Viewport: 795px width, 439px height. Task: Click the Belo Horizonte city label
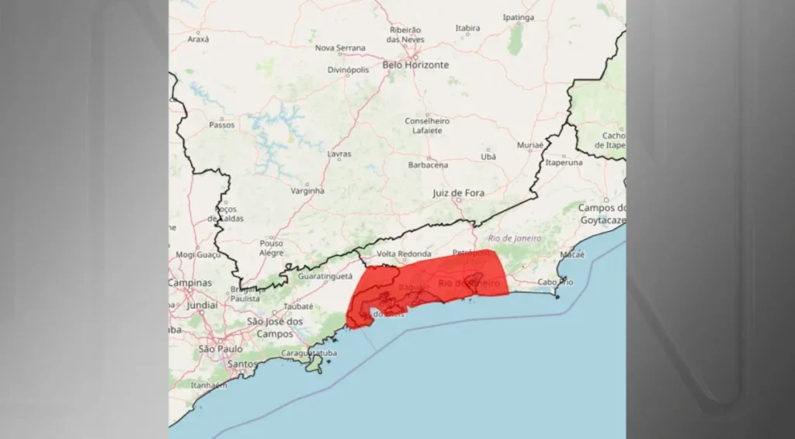[x=415, y=65]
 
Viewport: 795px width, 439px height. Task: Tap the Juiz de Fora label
[x=458, y=192]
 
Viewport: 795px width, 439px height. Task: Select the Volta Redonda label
[x=404, y=254]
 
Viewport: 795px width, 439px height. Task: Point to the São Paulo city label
[x=220, y=349]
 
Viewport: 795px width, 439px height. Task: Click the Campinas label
[x=190, y=283]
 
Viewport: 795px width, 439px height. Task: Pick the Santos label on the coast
[x=242, y=364]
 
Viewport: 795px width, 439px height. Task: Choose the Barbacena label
[x=428, y=165]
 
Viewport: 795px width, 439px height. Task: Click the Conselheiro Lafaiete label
[x=427, y=126]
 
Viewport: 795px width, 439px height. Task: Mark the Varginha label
[x=307, y=191]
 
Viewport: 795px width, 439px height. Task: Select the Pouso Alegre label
[x=272, y=247]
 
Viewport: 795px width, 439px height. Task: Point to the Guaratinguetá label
[x=325, y=275]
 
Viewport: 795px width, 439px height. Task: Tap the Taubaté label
[x=298, y=306]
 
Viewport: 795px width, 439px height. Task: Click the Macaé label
[x=571, y=254]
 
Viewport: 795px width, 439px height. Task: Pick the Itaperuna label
[x=564, y=163]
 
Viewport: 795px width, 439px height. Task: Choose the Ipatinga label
[x=518, y=18]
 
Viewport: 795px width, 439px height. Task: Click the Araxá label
[x=198, y=39]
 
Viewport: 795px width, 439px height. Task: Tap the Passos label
[x=221, y=124]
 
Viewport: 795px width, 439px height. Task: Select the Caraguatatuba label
[x=308, y=354]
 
